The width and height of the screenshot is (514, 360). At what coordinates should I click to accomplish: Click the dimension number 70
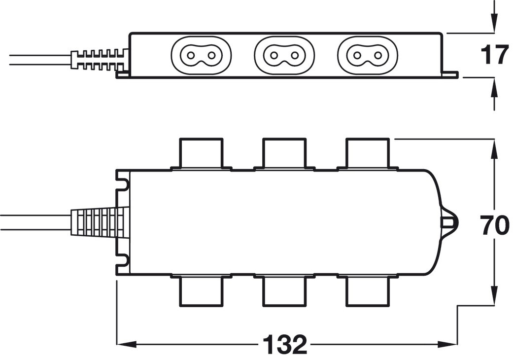[494, 226]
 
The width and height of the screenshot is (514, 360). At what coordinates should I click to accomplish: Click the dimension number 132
[285, 345]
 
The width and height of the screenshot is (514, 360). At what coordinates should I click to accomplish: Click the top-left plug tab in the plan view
[201, 153]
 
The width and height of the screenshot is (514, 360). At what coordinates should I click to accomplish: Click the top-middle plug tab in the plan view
[284, 153]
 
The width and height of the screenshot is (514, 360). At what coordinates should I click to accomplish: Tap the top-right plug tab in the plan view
[368, 153]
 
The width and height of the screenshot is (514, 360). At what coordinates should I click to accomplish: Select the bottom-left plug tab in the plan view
[201, 291]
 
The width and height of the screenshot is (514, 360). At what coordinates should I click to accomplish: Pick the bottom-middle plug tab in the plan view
[284, 291]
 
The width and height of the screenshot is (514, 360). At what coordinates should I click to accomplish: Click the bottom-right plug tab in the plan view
[368, 291]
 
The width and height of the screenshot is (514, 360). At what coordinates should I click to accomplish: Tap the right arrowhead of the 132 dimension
[451, 345]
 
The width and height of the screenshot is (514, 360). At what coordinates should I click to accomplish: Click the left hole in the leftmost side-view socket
[191, 55]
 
